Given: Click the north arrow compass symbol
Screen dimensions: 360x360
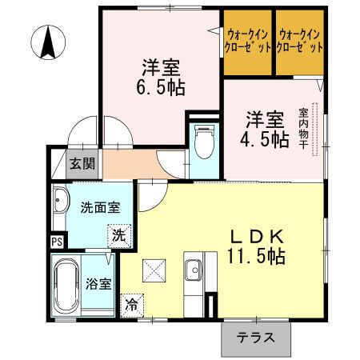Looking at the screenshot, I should pyautogui.click(x=49, y=42).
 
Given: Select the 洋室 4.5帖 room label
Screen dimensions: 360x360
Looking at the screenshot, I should pyautogui.click(x=266, y=129).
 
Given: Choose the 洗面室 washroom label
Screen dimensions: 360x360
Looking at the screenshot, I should pyautogui.click(x=99, y=207).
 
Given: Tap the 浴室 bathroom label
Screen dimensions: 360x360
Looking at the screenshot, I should pyautogui.click(x=98, y=284).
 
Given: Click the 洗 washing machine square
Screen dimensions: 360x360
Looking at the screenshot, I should pyautogui.click(x=118, y=236).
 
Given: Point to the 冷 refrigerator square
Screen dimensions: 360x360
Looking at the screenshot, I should pyautogui.click(x=130, y=305).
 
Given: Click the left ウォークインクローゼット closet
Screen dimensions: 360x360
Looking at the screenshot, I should pyautogui.click(x=247, y=42).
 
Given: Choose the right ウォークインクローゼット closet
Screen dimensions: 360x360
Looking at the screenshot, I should pyautogui.click(x=300, y=42).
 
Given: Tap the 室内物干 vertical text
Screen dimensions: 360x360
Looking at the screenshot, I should pyautogui.click(x=303, y=133).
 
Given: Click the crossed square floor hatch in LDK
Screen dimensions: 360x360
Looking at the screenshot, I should pyautogui.click(x=153, y=271).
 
